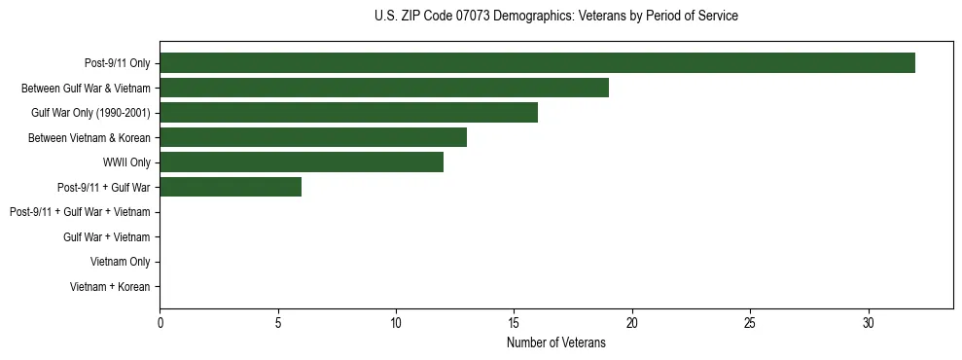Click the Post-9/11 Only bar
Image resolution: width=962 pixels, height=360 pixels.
point(537,63)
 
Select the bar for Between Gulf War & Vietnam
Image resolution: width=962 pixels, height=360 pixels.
point(384,88)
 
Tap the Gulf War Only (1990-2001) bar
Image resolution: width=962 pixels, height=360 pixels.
point(348,113)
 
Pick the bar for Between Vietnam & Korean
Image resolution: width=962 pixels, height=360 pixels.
point(313,137)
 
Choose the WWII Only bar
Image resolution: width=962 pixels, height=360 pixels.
point(302,162)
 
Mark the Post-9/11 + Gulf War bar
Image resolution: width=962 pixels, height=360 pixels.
point(231,187)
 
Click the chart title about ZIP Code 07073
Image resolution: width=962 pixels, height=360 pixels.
point(555,17)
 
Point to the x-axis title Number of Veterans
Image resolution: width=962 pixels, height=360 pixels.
point(555,342)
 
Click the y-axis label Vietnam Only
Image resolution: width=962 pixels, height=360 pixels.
point(120,262)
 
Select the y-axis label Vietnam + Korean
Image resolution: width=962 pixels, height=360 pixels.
point(110,287)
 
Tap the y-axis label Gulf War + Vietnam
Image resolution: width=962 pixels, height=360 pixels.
point(106,236)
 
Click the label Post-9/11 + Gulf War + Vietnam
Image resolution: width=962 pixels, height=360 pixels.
point(80,212)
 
